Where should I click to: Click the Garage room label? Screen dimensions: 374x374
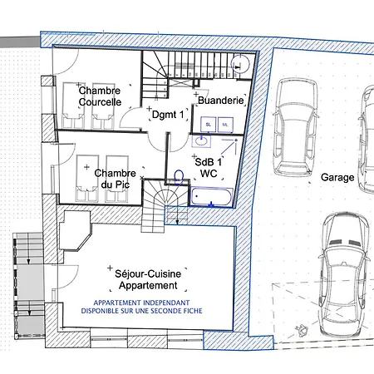pyautogui.click(x=337, y=177)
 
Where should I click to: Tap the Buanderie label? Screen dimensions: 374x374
pyautogui.click(x=221, y=101)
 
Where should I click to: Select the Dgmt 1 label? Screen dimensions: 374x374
pyautogui.click(x=168, y=115)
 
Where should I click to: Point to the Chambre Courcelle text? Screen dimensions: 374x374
pyautogui.click(x=100, y=96)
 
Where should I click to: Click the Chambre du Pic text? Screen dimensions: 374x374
pyautogui.click(x=115, y=179)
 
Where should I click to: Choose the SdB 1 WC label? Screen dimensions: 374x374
pyautogui.click(x=209, y=168)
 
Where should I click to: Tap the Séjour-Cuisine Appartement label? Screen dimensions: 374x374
pyautogui.click(x=148, y=279)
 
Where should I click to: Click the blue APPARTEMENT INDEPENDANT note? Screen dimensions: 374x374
pyautogui.click(x=141, y=307)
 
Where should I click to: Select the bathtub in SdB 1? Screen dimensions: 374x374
pyautogui.click(x=211, y=196)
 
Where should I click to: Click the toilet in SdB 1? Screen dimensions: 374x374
pyautogui.click(x=179, y=177)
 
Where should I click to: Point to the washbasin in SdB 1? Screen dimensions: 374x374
pyautogui.click(x=201, y=140)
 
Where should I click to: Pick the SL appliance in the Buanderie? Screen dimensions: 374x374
pyautogui.click(x=209, y=125)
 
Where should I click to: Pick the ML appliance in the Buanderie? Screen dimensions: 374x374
pyautogui.click(x=225, y=125)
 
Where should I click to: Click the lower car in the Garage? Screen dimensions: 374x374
pyautogui.click(x=344, y=274)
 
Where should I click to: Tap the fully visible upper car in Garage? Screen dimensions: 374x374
pyautogui.click(x=296, y=127)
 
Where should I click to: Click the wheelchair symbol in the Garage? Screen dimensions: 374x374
pyautogui.click(x=302, y=330)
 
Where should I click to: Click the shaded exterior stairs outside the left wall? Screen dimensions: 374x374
pyautogui.click(x=29, y=285)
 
